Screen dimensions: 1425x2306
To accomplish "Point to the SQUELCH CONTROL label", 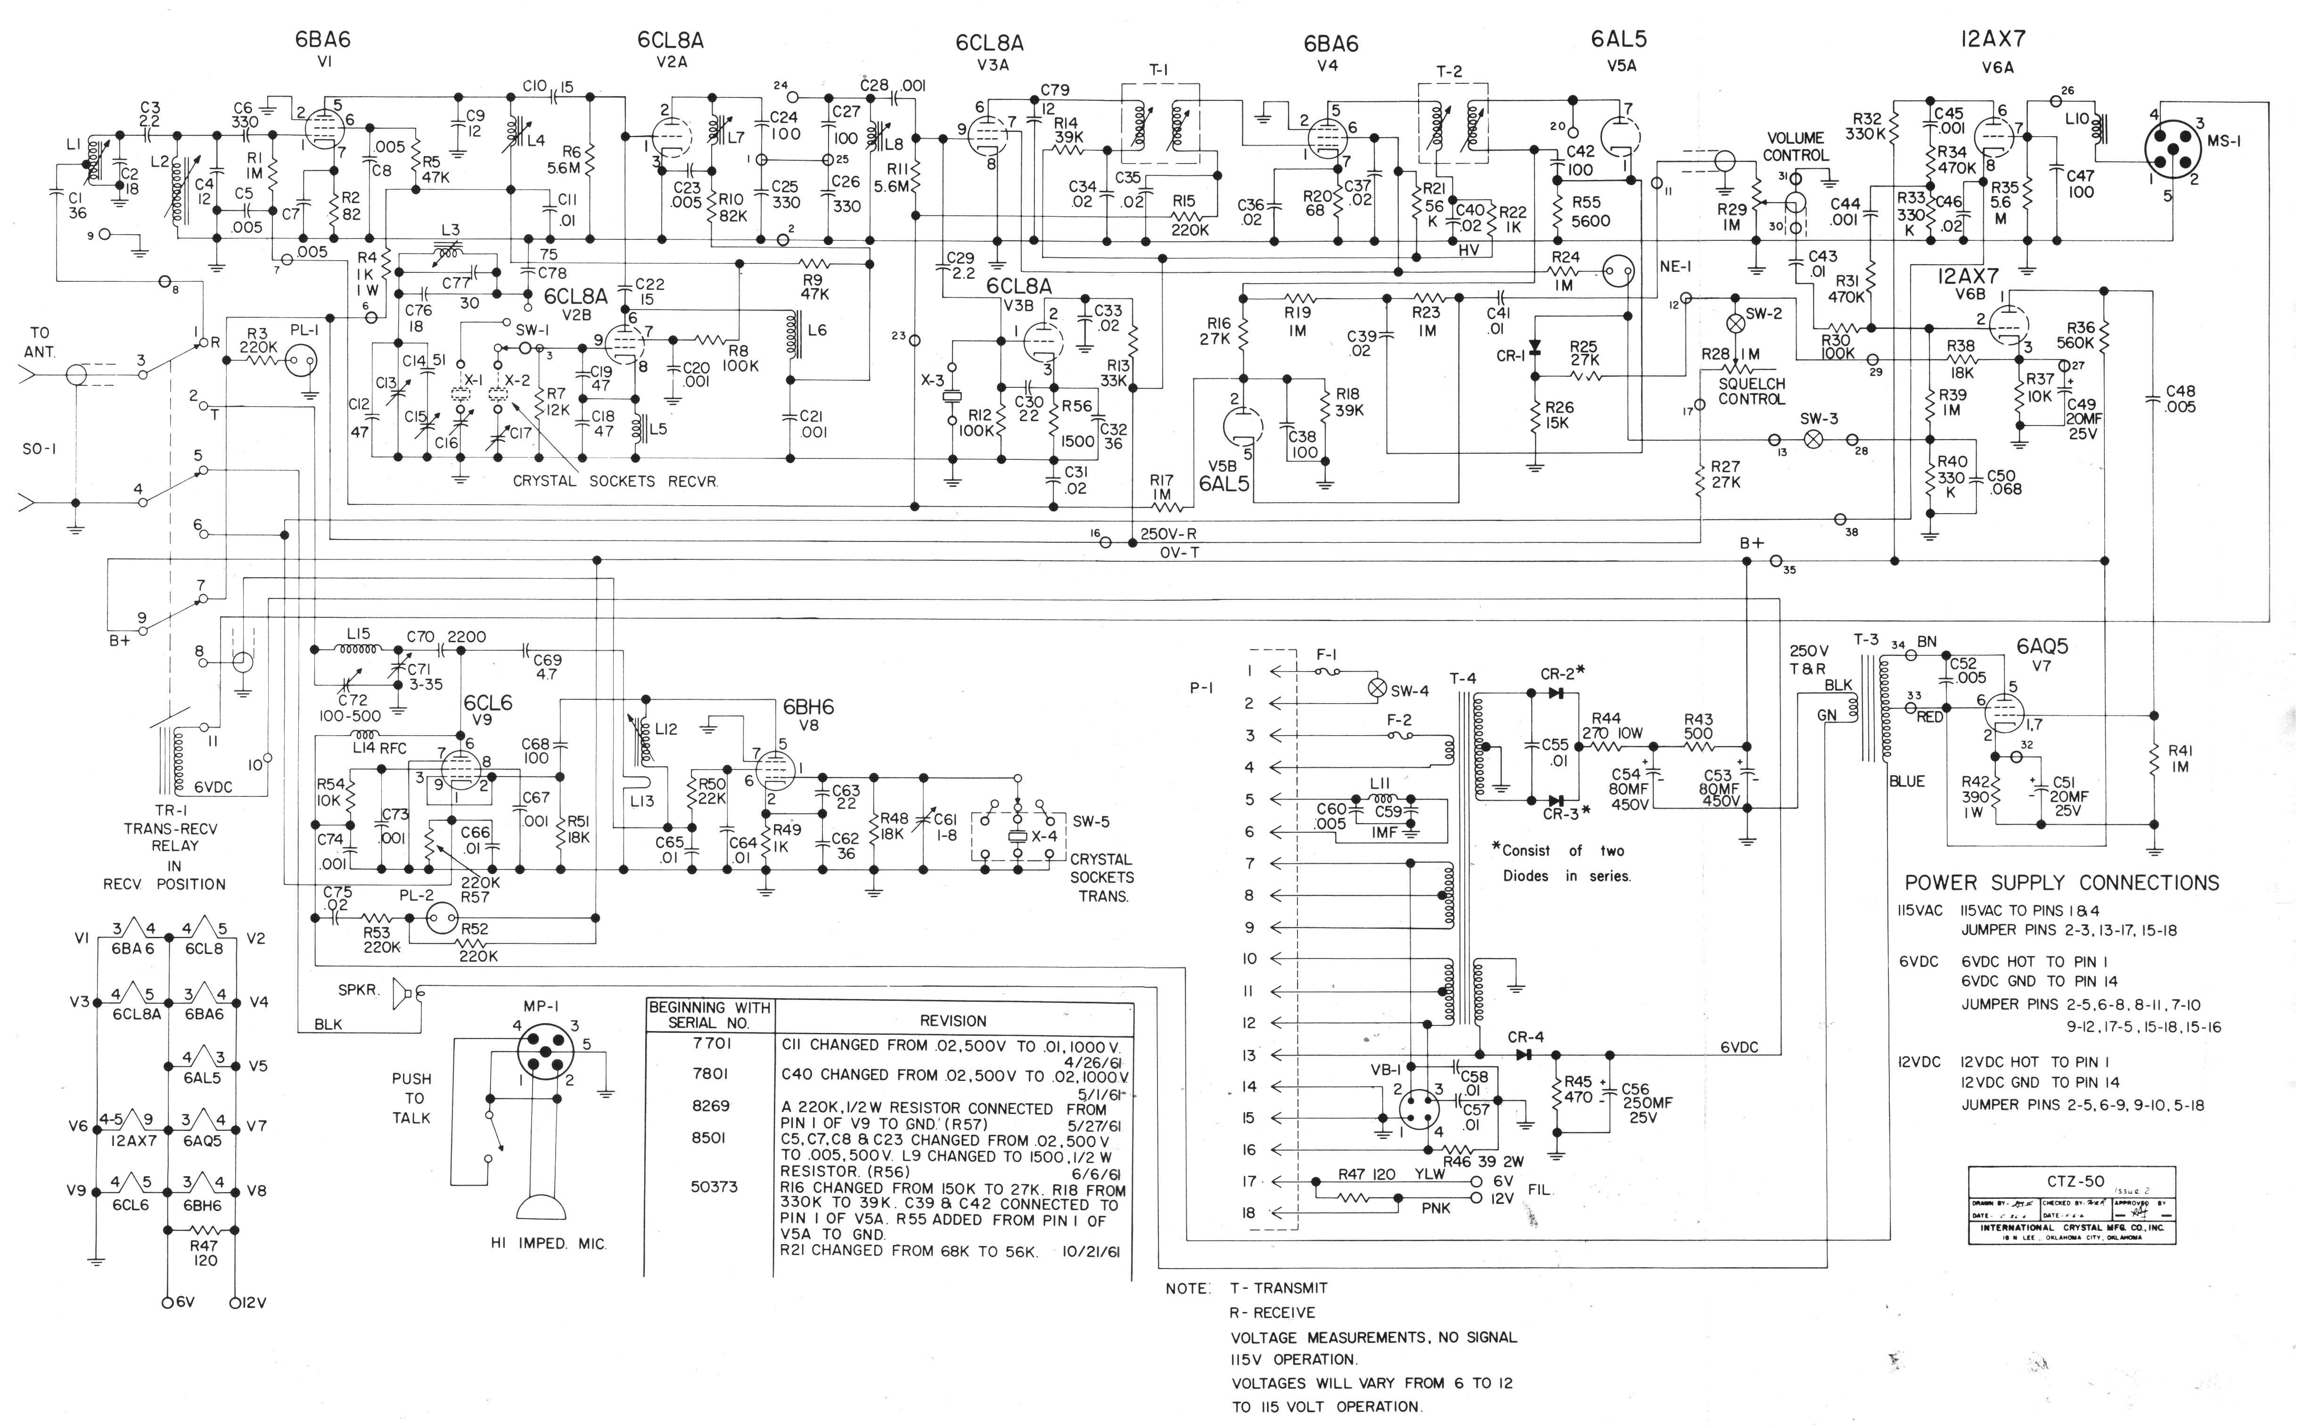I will pyautogui.click(x=1751, y=391).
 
